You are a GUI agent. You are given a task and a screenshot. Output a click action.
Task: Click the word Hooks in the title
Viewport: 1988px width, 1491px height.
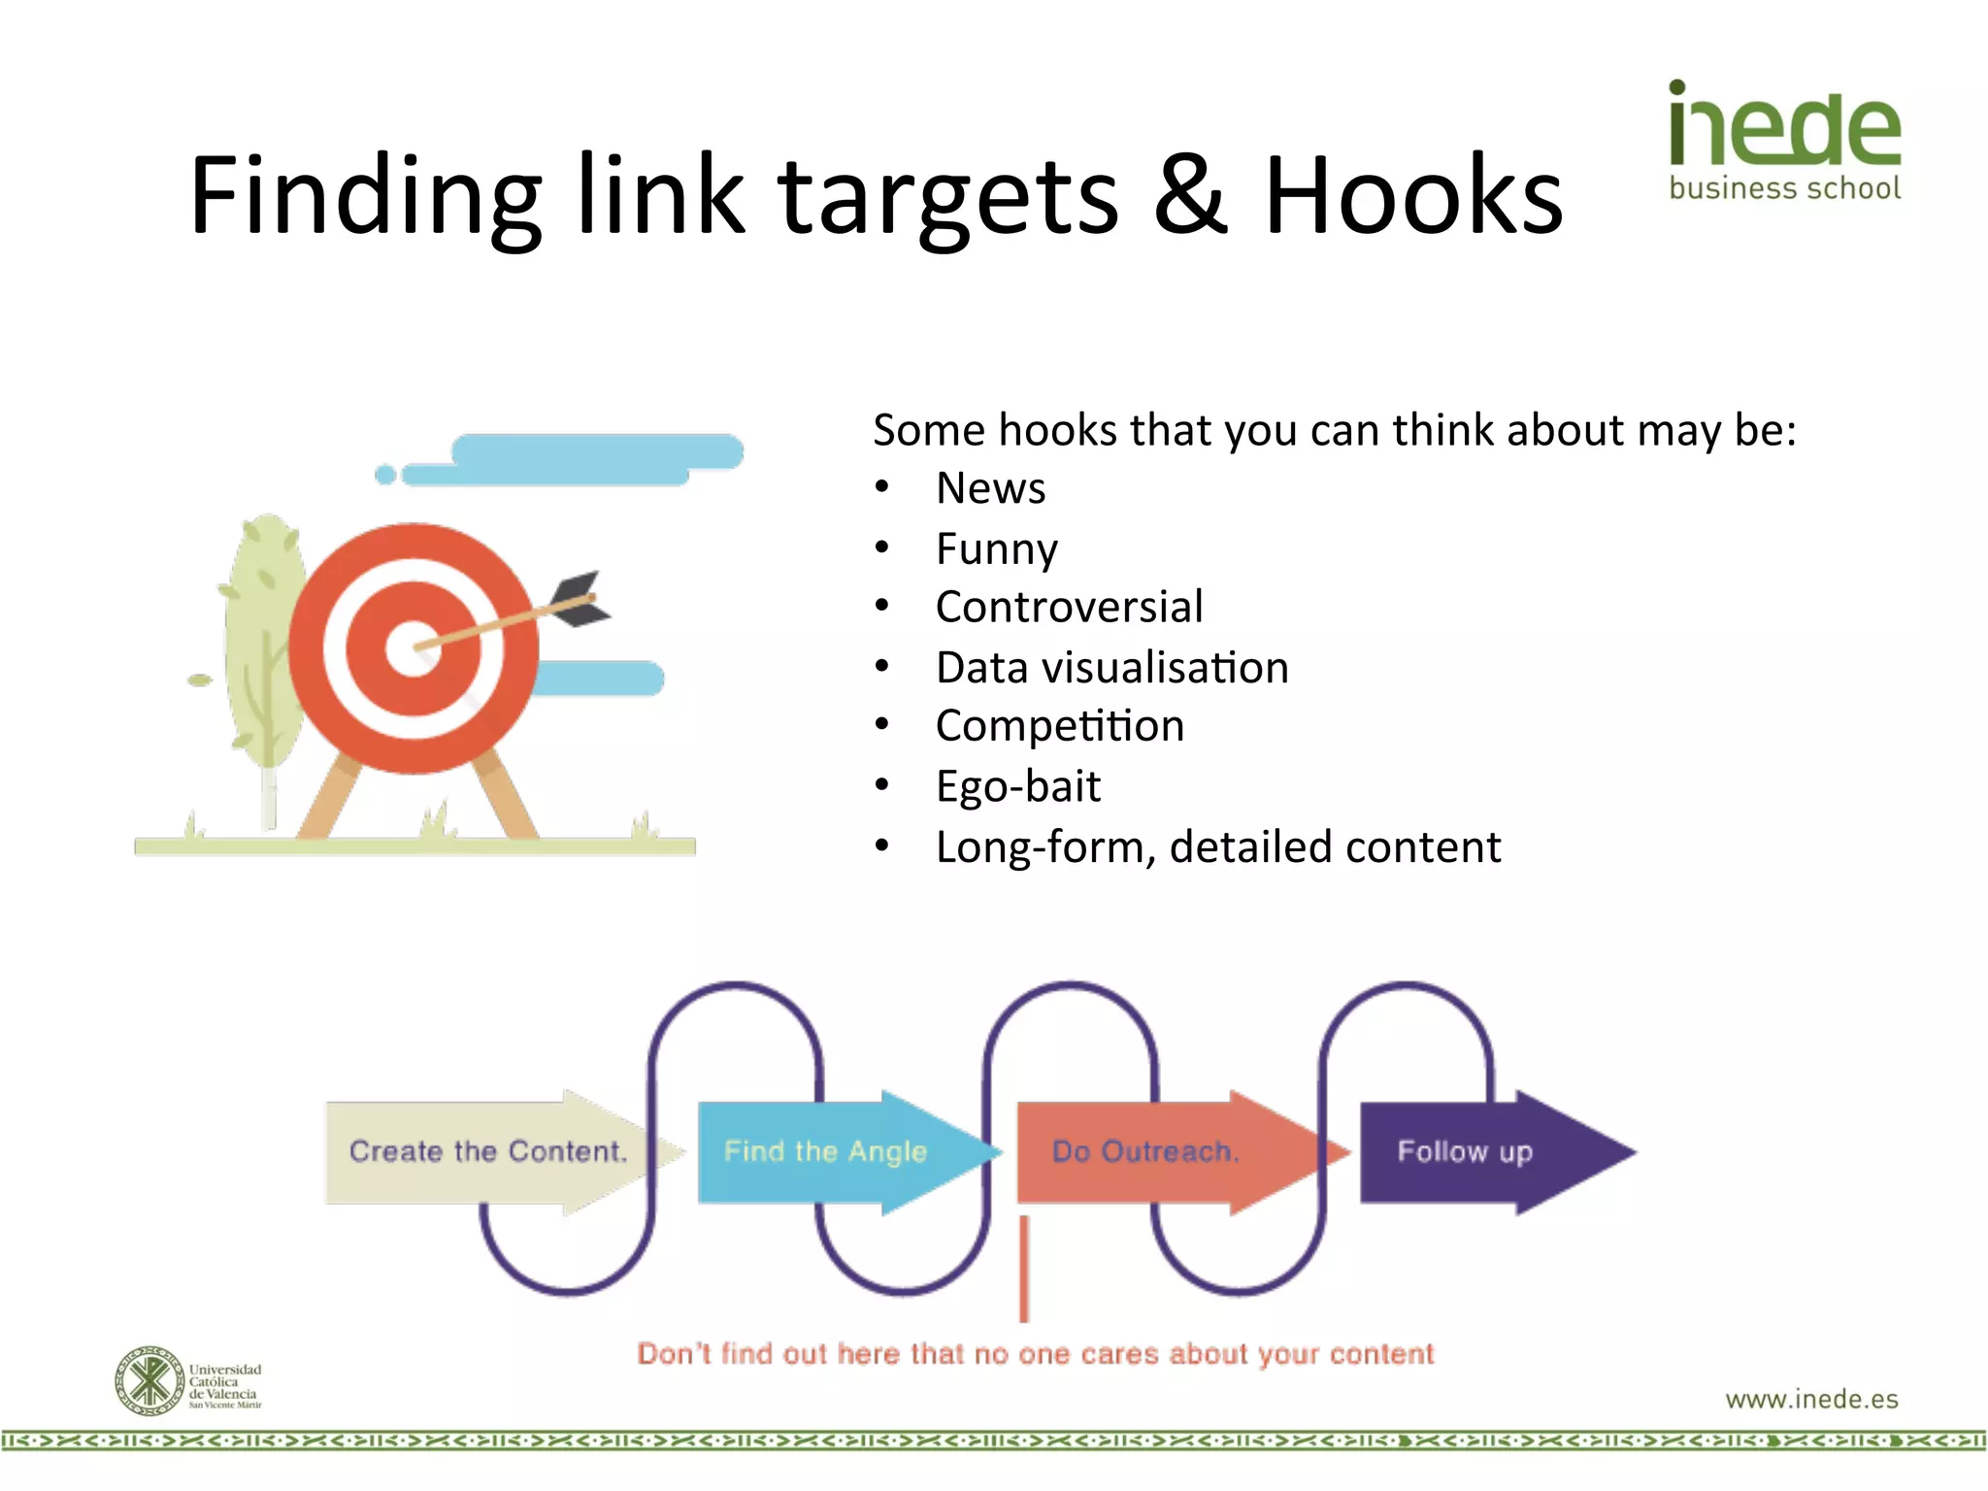coord(1413,196)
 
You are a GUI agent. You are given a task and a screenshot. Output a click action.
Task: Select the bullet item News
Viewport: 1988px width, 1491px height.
coord(990,488)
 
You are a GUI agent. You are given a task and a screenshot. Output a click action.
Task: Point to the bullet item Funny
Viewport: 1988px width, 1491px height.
coord(996,549)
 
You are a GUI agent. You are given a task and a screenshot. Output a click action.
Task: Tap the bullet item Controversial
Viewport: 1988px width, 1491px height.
coord(1069,608)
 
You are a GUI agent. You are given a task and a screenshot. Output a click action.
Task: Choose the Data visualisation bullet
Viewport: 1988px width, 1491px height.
coord(1111,668)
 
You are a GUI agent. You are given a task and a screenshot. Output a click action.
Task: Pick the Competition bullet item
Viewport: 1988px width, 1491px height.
coord(1059,726)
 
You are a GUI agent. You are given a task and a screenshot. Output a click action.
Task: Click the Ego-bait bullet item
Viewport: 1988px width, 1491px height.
coord(1017,786)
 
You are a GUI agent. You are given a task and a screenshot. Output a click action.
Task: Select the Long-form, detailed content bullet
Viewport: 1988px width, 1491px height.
coord(1217,847)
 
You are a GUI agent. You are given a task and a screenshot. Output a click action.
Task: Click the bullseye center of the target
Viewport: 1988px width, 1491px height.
coord(414,647)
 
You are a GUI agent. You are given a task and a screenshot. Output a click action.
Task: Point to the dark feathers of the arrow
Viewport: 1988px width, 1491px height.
coord(580,596)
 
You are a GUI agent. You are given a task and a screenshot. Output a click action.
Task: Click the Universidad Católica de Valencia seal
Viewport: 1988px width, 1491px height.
coord(149,1380)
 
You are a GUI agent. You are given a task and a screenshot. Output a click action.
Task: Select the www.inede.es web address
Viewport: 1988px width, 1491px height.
coord(1811,1399)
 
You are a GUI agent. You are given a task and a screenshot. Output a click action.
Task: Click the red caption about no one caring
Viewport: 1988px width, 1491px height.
coord(1035,1354)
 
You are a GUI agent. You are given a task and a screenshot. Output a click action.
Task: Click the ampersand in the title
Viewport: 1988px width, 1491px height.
coord(1191,196)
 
